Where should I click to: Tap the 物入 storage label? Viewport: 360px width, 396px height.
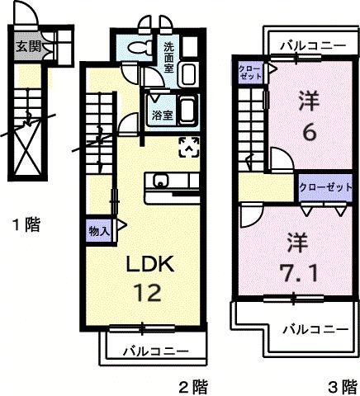pos(99,232)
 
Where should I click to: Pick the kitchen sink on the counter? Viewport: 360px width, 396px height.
pos(159,181)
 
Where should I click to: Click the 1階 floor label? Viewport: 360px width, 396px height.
pos(26,223)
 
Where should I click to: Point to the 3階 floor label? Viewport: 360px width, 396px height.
pos(339,384)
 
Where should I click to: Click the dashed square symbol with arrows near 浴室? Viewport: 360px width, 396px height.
pos(189,148)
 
